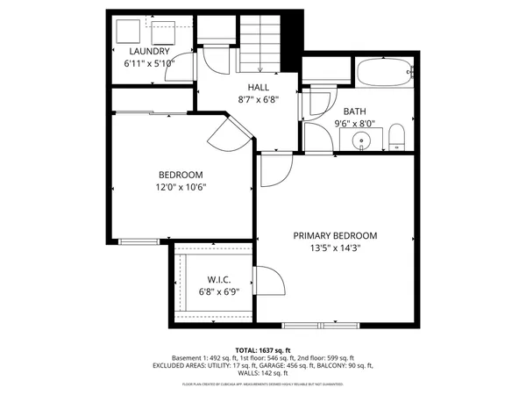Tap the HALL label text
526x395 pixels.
[x=259, y=87]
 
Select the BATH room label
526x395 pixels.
[x=355, y=111]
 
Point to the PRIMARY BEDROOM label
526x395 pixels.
[x=335, y=235]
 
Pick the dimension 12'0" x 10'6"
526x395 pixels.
[x=181, y=186]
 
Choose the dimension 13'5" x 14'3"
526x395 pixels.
[x=335, y=248]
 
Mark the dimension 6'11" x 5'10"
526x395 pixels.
[x=150, y=63]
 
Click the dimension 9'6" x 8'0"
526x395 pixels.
[x=355, y=124]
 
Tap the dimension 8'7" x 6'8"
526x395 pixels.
[x=259, y=99]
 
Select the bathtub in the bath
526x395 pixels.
[x=384, y=71]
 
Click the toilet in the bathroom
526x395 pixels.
[x=395, y=136]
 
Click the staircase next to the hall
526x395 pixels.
[x=260, y=43]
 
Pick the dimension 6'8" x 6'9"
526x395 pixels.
[x=217, y=292]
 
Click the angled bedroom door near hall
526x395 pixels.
[x=230, y=134]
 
